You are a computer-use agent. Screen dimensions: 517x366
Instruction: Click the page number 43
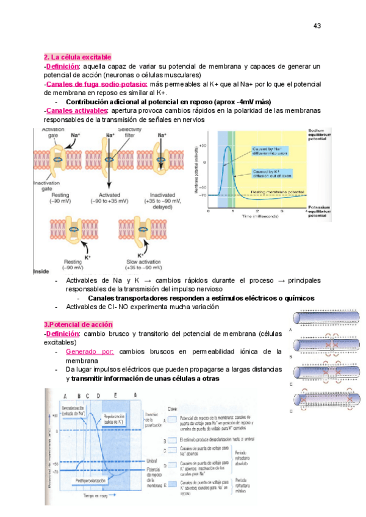(x=317, y=26)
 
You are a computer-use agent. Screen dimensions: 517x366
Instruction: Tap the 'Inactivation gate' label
(x=48, y=186)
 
